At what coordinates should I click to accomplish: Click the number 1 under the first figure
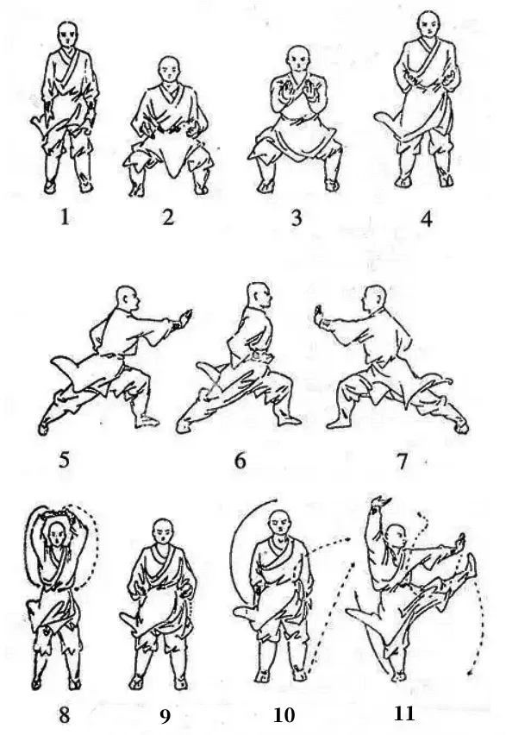pyautogui.click(x=66, y=217)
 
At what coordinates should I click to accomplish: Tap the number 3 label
pyautogui.click(x=297, y=218)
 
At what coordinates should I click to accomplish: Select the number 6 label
pyautogui.click(x=240, y=462)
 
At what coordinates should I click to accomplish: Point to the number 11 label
pyautogui.click(x=403, y=713)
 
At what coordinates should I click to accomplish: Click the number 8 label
pyautogui.click(x=64, y=716)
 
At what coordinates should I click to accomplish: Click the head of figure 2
pyautogui.click(x=169, y=70)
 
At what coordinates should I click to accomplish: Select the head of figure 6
pyautogui.click(x=258, y=296)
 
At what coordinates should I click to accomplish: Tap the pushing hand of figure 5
pyautogui.click(x=184, y=318)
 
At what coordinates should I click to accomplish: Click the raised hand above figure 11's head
pyautogui.click(x=380, y=504)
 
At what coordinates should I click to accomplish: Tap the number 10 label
pyautogui.click(x=284, y=715)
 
